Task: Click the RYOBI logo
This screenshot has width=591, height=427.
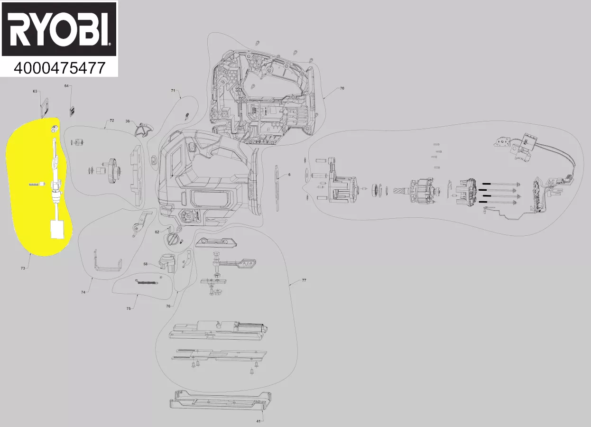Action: coord(59,30)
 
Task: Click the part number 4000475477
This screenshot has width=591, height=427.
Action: coord(59,68)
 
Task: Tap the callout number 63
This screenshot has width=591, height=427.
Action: coord(35,91)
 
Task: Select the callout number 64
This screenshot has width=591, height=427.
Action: coord(67,86)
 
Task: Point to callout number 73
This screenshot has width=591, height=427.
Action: coord(23,269)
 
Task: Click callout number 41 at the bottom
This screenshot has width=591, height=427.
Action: coord(259,421)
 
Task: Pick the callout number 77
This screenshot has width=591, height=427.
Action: coord(304,280)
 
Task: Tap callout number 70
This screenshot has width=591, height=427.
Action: coord(342,88)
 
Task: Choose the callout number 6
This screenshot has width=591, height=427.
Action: coord(289,175)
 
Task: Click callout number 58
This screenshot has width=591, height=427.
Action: coord(147,263)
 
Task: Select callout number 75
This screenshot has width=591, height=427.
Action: coord(129,308)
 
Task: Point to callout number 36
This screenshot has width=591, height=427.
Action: coord(128,121)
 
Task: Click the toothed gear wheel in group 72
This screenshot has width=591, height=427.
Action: coord(112,171)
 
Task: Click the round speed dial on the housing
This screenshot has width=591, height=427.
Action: coord(189,217)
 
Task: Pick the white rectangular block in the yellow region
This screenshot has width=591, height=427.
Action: coord(57,230)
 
